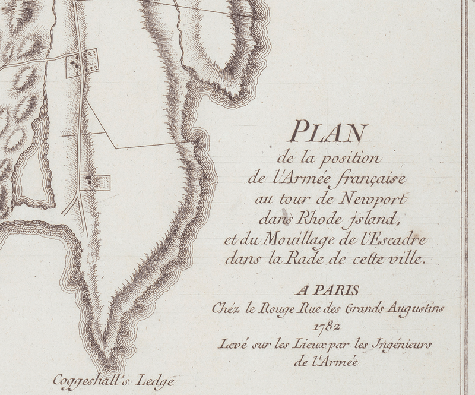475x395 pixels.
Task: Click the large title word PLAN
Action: point(327,131)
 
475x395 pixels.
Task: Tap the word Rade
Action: point(303,260)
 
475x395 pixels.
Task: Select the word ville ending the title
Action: point(404,260)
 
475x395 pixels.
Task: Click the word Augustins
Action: point(414,309)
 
